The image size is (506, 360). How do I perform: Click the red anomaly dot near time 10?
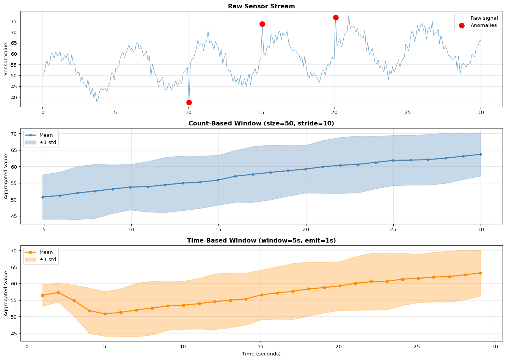189,102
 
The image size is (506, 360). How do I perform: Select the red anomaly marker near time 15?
262,24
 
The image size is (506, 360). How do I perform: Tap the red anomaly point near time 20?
336,17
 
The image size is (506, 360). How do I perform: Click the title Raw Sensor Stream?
261,6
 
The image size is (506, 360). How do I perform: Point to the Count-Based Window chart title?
261,124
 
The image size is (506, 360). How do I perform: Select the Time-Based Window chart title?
261,241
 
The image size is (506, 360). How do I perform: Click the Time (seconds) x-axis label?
261,354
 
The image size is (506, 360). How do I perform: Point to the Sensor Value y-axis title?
6,59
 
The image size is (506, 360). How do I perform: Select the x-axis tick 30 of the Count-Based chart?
481,230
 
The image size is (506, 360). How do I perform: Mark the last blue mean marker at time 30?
481,154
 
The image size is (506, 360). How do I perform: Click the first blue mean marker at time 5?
43,197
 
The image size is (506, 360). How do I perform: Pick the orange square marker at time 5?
105,314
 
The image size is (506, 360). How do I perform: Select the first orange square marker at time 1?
42,295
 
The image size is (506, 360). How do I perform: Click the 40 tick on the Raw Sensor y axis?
16,97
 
